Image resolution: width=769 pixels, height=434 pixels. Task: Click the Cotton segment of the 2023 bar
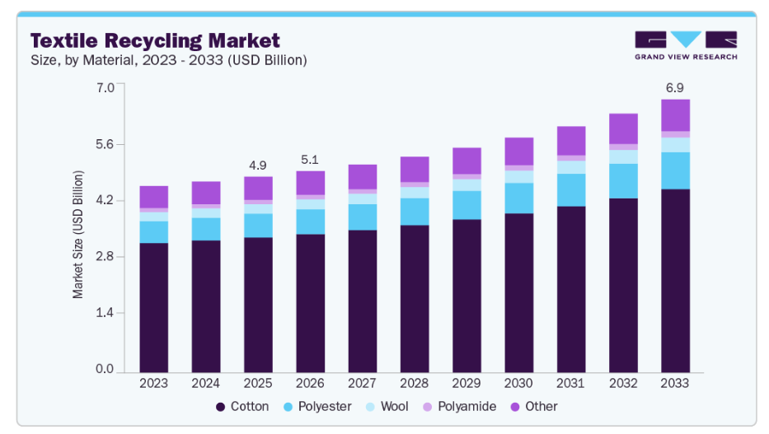click(x=153, y=306)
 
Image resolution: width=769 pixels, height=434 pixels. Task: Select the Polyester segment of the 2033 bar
click(x=675, y=170)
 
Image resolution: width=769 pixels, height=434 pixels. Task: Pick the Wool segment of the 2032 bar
click(x=623, y=156)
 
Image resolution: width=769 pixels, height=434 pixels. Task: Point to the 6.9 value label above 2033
click(x=675, y=86)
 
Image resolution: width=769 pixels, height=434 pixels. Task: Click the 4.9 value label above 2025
click(x=258, y=164)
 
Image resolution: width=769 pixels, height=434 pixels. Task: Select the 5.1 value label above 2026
click(x=310, y=159)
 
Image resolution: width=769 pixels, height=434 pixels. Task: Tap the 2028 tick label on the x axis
click(x=415, y=383)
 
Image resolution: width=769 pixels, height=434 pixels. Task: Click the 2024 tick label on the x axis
click(x=205, y=383)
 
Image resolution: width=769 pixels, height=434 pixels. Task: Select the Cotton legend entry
click(x=242, y=406)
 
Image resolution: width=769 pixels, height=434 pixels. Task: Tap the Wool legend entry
click(x=386, y=406)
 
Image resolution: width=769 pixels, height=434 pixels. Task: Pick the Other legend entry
click(x=534, y=406)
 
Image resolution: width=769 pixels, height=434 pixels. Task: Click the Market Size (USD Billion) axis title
click(x=78, y=235)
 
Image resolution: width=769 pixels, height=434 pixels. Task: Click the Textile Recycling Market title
click(x=155, y=40)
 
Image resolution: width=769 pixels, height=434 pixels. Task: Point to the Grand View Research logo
click(x=686, y=45)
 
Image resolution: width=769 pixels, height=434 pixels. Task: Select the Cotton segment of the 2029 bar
click(x=467, y=295)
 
